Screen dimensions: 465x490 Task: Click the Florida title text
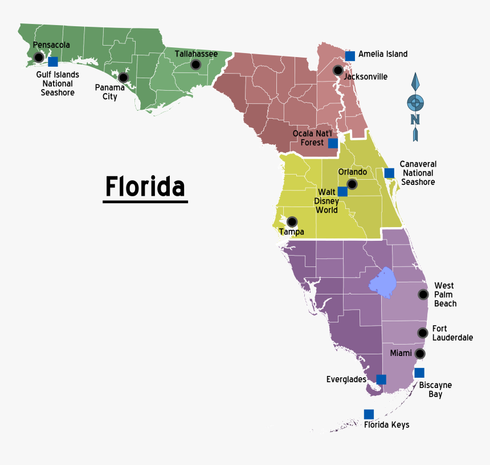(145, 187)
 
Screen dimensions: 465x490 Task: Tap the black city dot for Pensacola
(39, 57)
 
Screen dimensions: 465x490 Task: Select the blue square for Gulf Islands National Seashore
(53, 62)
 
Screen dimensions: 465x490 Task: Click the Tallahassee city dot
(195, 65)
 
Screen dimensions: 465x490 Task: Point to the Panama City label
(109, 92)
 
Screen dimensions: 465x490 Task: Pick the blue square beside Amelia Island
(350, 55)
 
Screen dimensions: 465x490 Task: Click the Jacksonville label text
(366, 76)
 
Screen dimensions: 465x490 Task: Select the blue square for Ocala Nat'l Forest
(333, 143)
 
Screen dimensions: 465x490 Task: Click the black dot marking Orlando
(352, 184)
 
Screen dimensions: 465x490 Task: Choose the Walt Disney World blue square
(342, 192)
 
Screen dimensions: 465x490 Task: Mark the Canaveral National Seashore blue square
(389, 173)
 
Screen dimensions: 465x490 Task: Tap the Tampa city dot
(292, 221)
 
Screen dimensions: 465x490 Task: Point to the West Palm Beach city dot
(423, 294)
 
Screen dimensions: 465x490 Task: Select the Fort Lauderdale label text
(452, 333)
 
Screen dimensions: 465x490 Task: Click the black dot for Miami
(420, 353)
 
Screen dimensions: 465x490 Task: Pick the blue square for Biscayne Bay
(419, 373)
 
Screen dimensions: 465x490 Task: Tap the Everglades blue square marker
(381, 379)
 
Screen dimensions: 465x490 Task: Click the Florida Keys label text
(386, 424)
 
